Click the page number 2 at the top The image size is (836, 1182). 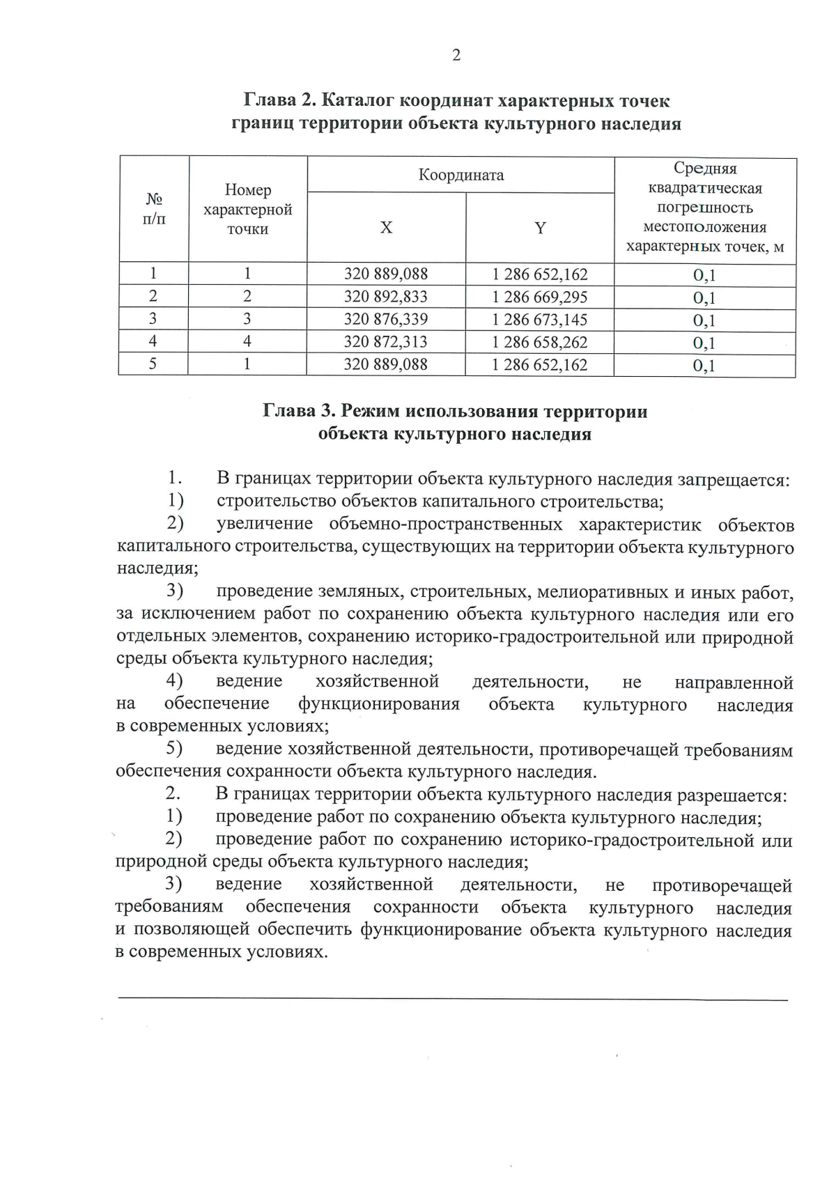[x=456, y=56]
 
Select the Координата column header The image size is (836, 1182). [x=460, y=175]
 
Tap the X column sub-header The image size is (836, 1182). [x=386, y=228]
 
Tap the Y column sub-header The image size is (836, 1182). [x=540, y=228]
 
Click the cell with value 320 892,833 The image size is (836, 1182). [x=386, y=297]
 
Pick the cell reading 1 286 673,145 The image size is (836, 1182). [x=540, y=320]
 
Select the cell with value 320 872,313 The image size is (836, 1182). [x=386, y=342]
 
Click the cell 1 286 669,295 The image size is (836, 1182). [x=540, y=297]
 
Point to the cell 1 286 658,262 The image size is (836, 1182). [x=540, y=342]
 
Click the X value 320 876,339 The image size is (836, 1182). [x=386, y=320]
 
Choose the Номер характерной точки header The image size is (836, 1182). [x=247, y=210]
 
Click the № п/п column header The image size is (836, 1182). [x=154, y=210]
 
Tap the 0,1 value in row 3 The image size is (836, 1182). [x=704, y=321]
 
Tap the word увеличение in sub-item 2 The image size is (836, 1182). [x=259, y=524]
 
